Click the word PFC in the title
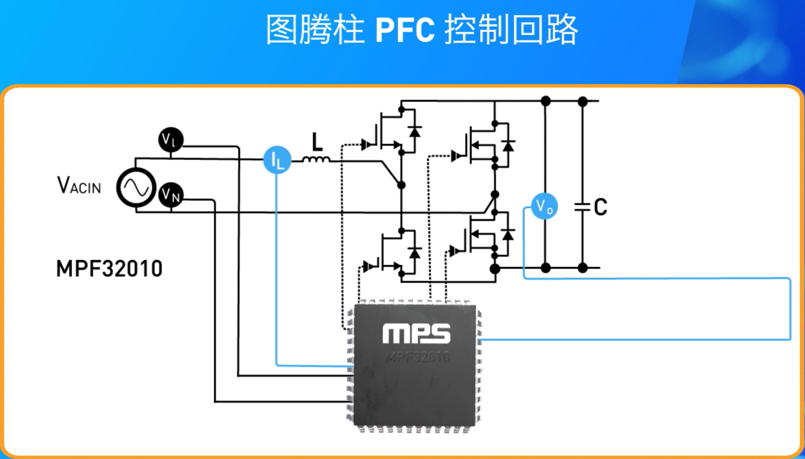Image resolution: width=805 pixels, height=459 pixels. click(x=405, y=29)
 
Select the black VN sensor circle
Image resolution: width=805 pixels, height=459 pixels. click(x=171, y=194)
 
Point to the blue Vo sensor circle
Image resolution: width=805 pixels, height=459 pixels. click(x=544, y=206)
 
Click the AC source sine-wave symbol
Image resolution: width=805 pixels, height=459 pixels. click(x=136, y=187)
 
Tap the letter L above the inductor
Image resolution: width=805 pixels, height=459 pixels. click(x=317, y=140)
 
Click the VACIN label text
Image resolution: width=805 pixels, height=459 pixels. click(x=79, y=186)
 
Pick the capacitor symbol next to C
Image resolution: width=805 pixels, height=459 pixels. click(x=582, y=207)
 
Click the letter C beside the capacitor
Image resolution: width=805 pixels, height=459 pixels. click(x=600, y=207)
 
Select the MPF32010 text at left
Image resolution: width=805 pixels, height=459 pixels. click(x=109, y=268)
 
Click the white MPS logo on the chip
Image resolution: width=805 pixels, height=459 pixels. click(x=417, y=333)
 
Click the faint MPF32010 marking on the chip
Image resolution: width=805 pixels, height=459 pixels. click(x=417, y=356)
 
